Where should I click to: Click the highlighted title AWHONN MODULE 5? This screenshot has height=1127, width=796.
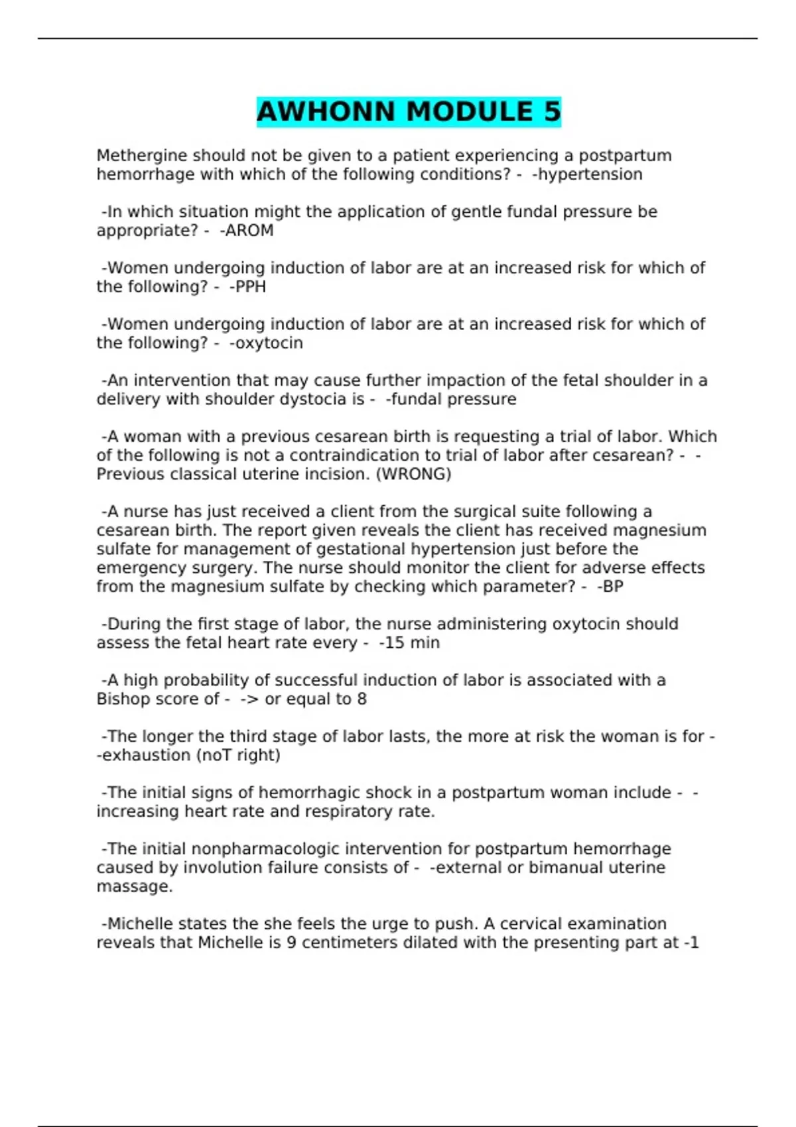409,111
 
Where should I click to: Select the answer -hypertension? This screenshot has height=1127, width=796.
587,174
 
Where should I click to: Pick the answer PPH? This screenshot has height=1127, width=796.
250,287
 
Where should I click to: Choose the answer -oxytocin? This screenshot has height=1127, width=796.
266,343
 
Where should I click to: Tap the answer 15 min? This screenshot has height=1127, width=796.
411,643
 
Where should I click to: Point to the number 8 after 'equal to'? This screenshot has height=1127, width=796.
362,699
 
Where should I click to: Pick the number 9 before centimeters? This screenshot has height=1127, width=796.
291,943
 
